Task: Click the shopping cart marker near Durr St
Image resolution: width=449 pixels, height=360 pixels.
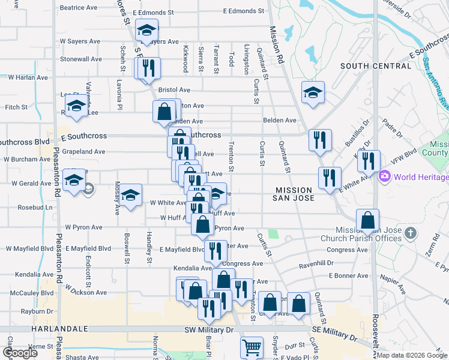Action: (x=252, y=347)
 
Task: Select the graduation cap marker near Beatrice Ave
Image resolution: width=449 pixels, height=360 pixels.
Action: (x=146, y=29)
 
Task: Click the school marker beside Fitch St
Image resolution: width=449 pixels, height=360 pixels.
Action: (x=76, y=107)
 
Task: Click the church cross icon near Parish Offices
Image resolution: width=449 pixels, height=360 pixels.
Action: (x=411, y=233)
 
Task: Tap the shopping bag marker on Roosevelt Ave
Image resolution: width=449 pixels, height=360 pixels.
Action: (x=367, y=220)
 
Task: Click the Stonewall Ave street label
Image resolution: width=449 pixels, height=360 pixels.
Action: (x=81, y=59)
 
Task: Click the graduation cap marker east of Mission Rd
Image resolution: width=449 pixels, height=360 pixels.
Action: (x=313, y=92)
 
